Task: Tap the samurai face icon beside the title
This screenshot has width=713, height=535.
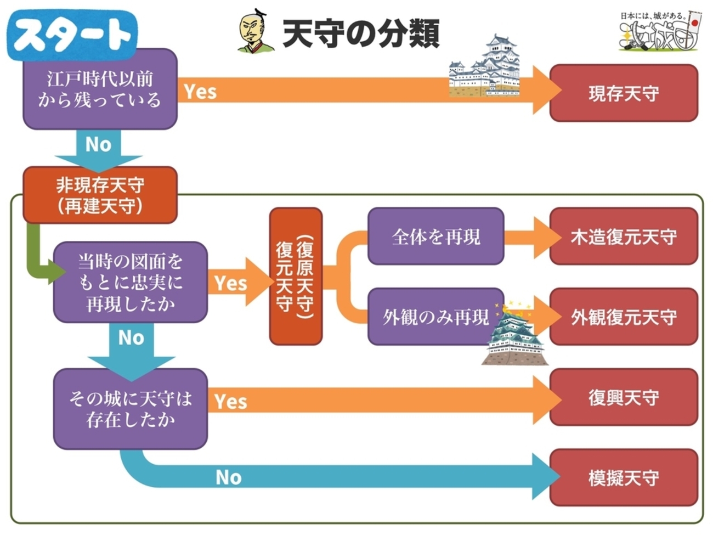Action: tap(256, 32)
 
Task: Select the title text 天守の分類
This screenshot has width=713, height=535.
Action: tap(361, 33)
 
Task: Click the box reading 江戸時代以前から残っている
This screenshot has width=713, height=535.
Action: tap(100, 89)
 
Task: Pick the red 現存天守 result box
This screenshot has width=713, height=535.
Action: tap(624, 93)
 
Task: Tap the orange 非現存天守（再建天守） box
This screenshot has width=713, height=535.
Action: tap(100, 195)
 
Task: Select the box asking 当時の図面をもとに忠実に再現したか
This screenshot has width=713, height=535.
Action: tap(131, 282)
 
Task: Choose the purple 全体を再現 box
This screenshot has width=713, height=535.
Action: tap(435, 236)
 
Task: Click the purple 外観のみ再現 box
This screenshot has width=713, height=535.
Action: tap(435, 317)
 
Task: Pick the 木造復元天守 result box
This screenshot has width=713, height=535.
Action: tap(624, 236)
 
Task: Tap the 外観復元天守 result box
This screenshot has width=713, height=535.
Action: tap(624, 317)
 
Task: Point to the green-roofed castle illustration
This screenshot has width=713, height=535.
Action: tap(513, 335)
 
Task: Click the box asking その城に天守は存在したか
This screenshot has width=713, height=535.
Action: tap(131, 409)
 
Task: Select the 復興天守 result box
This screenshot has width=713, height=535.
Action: tap(624, 397)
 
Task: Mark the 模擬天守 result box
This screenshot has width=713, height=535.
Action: tap(624, 477)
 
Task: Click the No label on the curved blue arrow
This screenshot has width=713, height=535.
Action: tap(228, 477)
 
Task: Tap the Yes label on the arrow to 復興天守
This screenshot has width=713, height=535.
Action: tap(230, 401)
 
